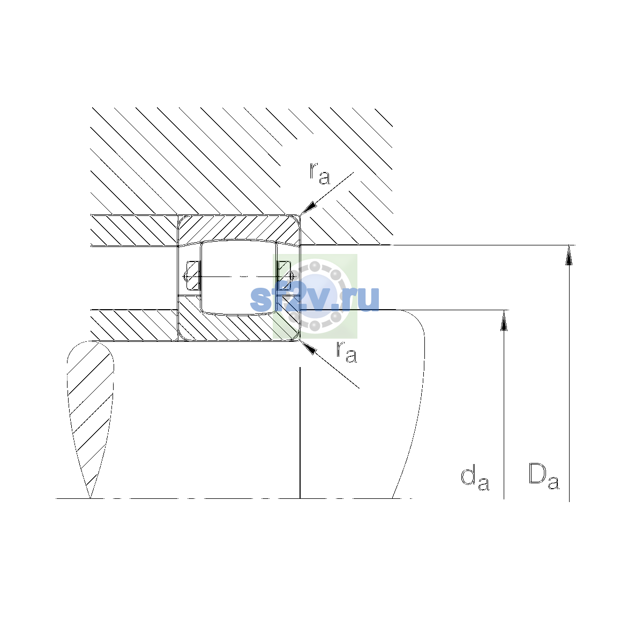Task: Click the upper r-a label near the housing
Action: pos(319,173)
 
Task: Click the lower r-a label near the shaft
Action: pos(346,351)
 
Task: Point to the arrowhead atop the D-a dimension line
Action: pos(569,255)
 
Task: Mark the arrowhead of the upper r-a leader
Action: pos(308,208)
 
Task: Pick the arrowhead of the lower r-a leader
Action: pos(308,347)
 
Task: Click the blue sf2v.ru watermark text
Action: pos(315,300)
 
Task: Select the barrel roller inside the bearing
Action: pos(238,277)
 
